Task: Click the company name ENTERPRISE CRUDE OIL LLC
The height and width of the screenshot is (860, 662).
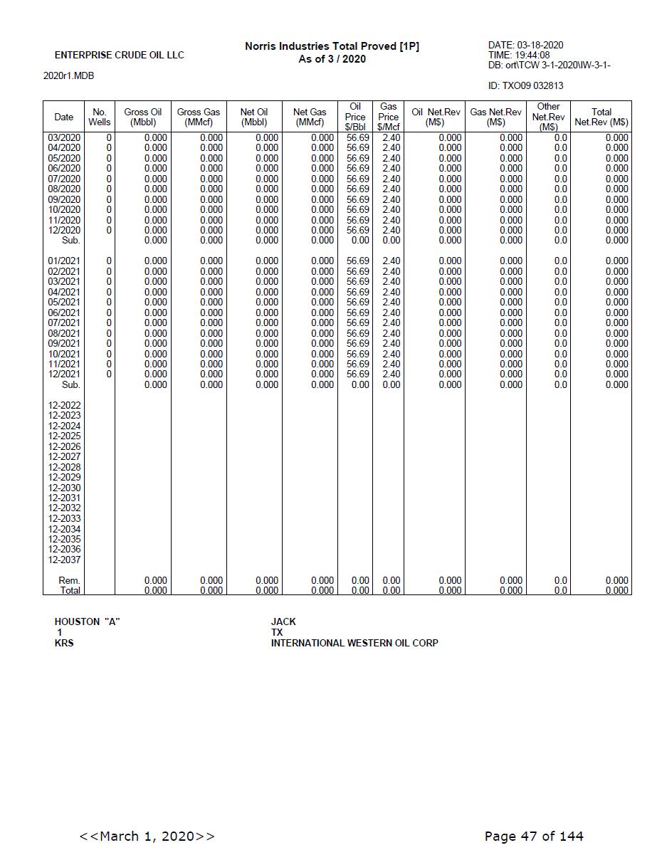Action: click(x=119, y=56)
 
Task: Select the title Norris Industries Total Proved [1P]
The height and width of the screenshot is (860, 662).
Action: click(x=332, y=46)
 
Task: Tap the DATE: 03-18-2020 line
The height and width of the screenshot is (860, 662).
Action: click(x=525, y=46)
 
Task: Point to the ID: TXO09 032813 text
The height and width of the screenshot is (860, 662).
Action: click(x=525, y=86)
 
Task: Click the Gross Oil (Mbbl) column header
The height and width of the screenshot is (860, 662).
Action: click(x=142, y=117)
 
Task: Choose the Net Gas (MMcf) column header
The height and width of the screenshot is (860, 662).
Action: click(x=310, y=117)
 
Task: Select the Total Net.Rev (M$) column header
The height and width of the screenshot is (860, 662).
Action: click(x=601, y=117)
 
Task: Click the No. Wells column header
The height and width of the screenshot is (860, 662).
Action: click(x=100, y=117)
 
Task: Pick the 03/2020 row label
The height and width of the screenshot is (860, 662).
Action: click(x=64, y=138)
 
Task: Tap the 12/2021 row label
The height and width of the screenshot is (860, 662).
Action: click(x=64, y=374)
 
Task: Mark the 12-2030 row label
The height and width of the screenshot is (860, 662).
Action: click(x=64, y=488)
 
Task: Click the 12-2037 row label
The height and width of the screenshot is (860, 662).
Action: click(x=64, y=560)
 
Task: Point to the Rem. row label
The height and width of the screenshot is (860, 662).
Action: click(x=69, y=581)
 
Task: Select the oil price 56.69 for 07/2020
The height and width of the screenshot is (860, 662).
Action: click(x=357, y=179)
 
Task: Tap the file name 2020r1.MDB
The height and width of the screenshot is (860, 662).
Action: click(x=68, y=76)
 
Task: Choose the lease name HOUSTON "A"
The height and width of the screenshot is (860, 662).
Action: click(x=87, y=622)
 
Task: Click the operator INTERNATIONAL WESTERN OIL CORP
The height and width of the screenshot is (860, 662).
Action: click(x=354, y=644)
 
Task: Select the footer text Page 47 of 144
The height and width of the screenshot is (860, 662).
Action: click(x=534, y=837)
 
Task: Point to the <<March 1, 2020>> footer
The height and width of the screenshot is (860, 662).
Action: click(x=147, y=837)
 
